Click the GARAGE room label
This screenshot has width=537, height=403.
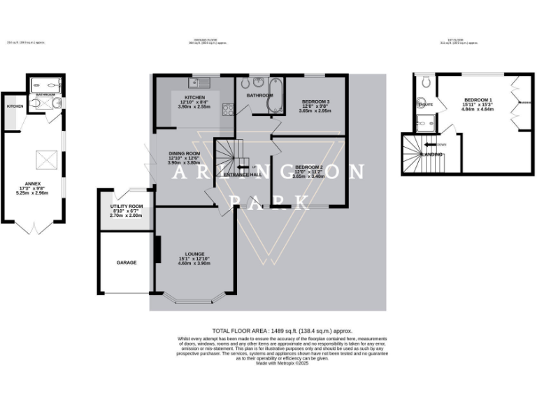click(127, 262)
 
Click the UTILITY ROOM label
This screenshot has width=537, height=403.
click(127, 206)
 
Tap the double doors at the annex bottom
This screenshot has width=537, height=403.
click(34, 228)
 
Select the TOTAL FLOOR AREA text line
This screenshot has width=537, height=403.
click(282, 330)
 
